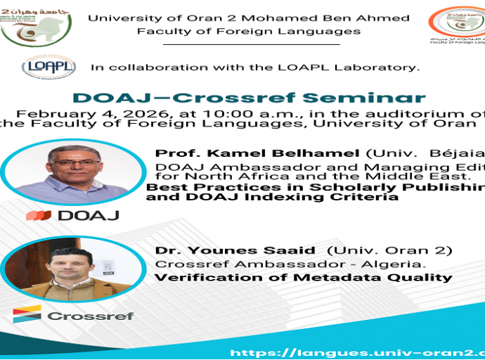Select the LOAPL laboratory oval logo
coord(48,67)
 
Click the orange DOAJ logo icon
coord(39,215)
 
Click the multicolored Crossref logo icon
coord(27,314)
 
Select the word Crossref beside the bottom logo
coord(91,316)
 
